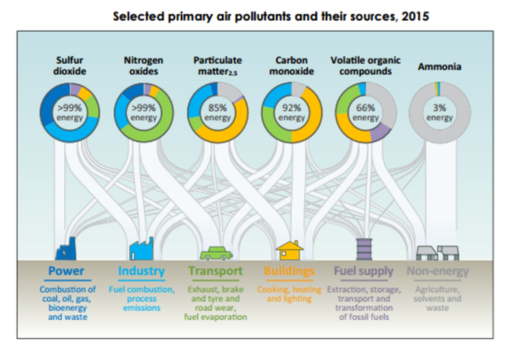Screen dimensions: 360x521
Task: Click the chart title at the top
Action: tap(271, 16)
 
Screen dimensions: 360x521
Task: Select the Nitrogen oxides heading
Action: tap(143, 66)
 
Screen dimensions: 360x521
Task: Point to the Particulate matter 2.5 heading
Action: tap(217, 66)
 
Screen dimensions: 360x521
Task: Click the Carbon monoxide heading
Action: tap(291, 66)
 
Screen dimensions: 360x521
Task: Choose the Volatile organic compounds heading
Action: tap(365, 66)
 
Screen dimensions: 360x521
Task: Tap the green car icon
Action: tap(215, 252)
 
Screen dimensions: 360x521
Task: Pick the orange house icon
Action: tap(289, 250)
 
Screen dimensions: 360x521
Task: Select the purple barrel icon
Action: tap(364, 250)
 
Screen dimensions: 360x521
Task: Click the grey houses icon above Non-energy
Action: tap(436, 252)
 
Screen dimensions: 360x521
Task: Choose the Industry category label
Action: tap(141, 271)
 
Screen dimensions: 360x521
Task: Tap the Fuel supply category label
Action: tap(364, 271)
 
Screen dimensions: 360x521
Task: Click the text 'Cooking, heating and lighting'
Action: tap(289, 294)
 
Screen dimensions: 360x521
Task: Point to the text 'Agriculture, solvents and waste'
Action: tap(437, 298)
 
